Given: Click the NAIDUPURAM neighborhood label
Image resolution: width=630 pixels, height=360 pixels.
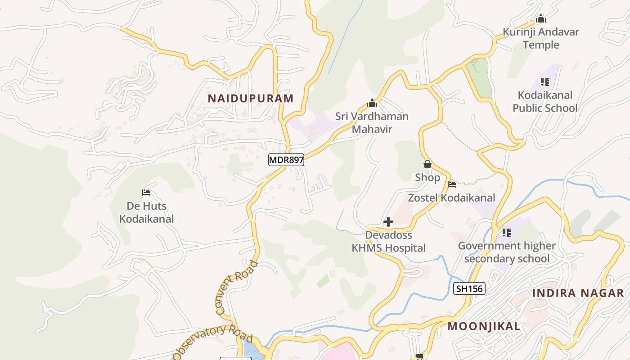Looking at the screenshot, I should (250, 98).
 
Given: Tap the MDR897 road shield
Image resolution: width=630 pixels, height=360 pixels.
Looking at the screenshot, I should (286, 159).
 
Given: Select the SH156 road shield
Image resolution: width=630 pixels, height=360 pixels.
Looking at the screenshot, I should (469, 289).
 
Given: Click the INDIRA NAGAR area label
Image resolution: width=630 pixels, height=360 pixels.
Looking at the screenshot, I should (578, 293).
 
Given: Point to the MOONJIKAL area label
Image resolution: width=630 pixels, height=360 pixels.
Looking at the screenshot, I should (484, 326).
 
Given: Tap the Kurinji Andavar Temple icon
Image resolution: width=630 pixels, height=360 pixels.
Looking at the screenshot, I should (540, 19).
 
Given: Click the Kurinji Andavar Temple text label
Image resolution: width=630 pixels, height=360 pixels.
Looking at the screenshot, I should (540, 38).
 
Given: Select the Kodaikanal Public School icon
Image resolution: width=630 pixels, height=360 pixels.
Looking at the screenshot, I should (545, 82).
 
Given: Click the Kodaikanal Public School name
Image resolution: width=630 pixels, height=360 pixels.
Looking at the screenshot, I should (545, 102).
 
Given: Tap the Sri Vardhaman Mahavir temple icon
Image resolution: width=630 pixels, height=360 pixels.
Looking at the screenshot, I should (372, 103).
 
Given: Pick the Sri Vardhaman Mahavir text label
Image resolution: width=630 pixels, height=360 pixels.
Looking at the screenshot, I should (372, 123).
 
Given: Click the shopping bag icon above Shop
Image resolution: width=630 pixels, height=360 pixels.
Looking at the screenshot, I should (427, 165).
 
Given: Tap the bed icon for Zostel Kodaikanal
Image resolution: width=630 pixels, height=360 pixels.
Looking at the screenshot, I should (452, 184).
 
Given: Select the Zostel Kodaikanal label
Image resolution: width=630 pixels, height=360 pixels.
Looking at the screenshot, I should (451, 198).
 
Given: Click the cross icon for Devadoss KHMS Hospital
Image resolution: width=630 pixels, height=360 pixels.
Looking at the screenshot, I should (388, 222).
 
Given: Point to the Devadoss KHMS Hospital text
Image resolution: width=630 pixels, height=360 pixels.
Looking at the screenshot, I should (388, 242).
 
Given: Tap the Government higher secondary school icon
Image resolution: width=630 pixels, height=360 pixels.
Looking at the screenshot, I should (507, 233).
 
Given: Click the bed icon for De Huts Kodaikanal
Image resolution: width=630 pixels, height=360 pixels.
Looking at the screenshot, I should (146, 193).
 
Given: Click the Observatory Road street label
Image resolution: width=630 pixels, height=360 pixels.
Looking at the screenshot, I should (212, 340).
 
